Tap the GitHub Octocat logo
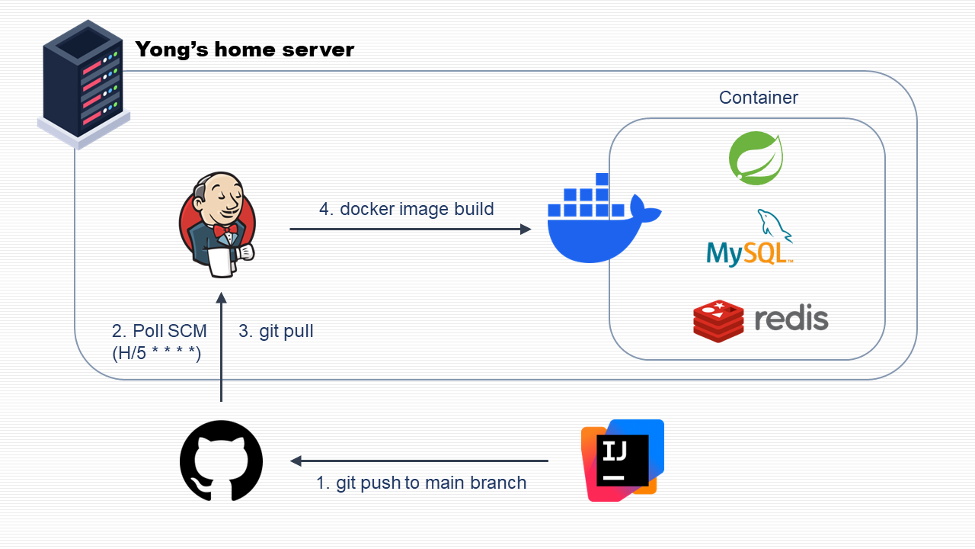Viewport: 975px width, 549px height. [x=221, y=461]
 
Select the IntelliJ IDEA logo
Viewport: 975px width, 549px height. [x=622, y=461]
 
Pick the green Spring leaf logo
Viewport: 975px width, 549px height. [x=756, y=159]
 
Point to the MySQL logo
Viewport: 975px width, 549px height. [x=750, y=239]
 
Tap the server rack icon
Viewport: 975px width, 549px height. [x=83, y=83]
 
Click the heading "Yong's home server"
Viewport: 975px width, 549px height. [x=245, y=50]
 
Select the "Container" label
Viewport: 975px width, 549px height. [x=759, y=98]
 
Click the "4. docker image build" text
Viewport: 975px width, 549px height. [x=407, y=209]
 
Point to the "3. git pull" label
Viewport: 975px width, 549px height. [x=276, y=331]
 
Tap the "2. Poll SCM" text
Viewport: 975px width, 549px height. [x=159, y=331]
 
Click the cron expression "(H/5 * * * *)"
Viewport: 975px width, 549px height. [x=157, y=352]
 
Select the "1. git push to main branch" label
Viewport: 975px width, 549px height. [x=421, y=483]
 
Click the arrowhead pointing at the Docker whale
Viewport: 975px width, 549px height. [x=526, y=229]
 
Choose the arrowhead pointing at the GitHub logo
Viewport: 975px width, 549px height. [x=296, y=461]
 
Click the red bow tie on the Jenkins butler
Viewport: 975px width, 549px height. [x=222, y=230]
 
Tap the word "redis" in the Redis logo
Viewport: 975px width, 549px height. [x=791, y=318]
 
